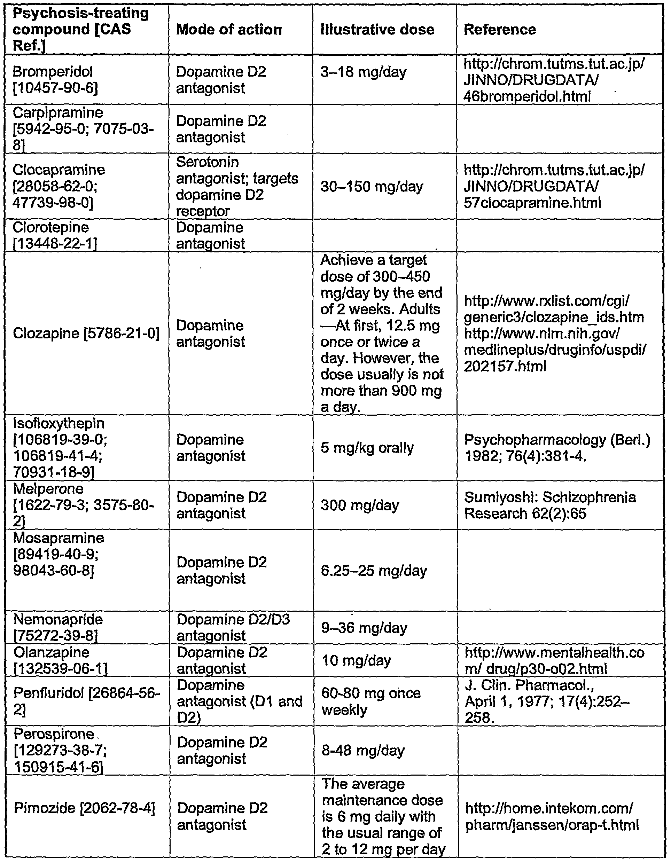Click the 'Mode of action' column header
pos(229,30)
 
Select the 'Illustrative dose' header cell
pos(377,30)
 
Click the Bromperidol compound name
pos(53,72)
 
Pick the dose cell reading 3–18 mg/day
pos(363,72)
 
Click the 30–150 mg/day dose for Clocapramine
pos(372,187)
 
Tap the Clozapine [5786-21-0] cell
pos(86,334)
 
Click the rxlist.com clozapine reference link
pos(553,309)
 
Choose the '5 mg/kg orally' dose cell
pos(367,448)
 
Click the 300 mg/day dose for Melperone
pos(360,505)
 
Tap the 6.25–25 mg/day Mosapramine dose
pos(373,571)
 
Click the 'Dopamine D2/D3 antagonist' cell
pos(233,627)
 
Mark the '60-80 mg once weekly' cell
pos(371,701)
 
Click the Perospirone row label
pos(54,734)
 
